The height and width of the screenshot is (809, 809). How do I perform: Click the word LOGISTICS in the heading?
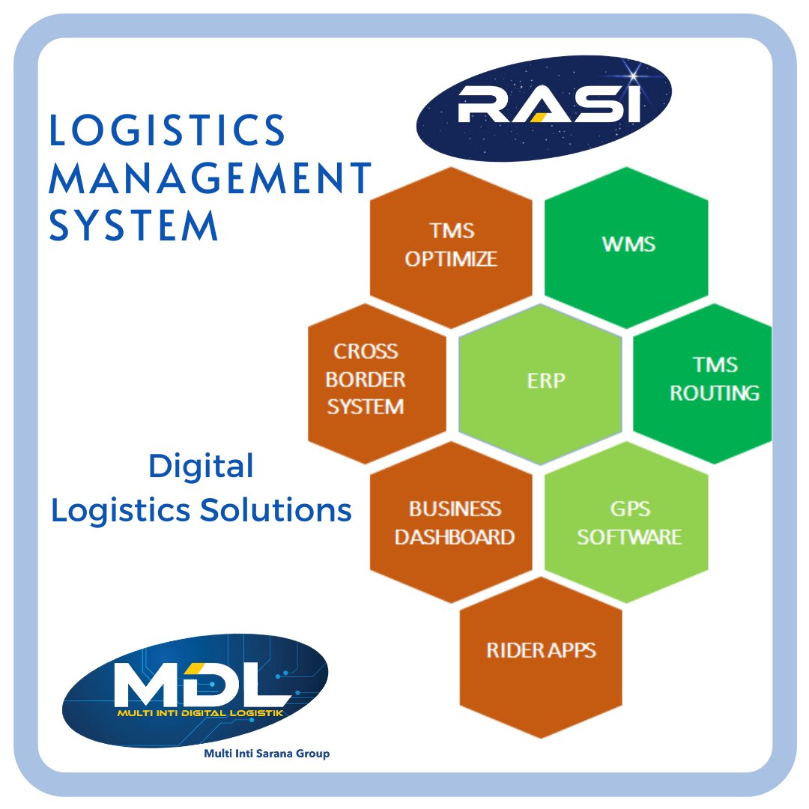167,132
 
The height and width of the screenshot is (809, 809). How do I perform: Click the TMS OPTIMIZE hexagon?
451,245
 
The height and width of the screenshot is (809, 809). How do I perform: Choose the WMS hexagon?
628,244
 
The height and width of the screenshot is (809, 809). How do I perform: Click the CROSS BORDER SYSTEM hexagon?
366,380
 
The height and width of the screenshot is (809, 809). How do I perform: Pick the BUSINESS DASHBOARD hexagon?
454,523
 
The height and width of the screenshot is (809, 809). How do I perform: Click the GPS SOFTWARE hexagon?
628,523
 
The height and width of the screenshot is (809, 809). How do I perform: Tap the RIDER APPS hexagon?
541,649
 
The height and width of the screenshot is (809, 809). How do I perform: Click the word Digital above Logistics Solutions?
201,467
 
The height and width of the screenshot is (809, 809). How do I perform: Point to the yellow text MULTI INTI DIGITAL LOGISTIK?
200,714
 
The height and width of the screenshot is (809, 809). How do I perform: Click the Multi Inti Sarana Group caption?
267,754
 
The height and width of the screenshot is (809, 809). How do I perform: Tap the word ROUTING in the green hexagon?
714,393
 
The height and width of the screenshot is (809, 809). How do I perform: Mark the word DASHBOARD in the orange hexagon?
454,537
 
